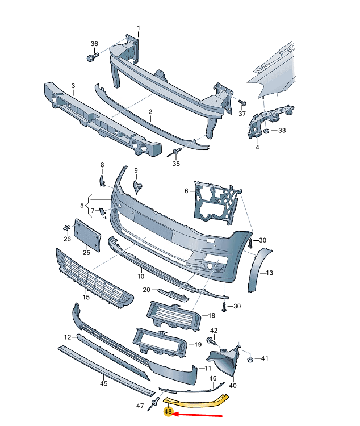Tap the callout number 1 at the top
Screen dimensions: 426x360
click(137, 27)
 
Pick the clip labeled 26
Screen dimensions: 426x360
click(67, 229)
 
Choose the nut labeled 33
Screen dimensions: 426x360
click(266, 131)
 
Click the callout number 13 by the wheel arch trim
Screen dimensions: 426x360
click(269, 273)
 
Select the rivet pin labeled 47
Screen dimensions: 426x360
click(153, 405)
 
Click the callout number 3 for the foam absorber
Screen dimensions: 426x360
click(73, 86)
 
